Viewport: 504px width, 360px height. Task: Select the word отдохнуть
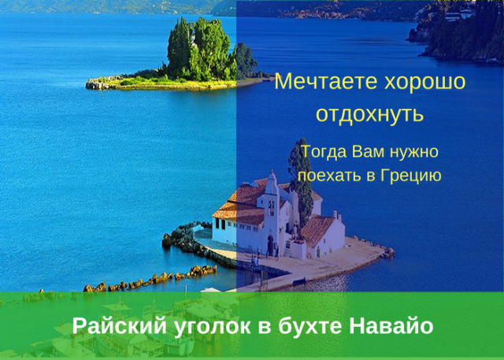[x=369, y=114]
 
